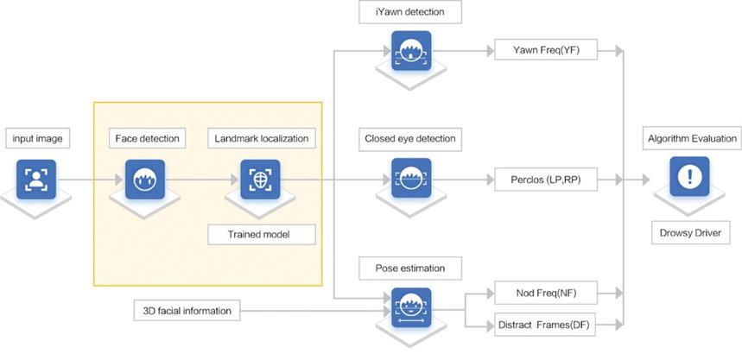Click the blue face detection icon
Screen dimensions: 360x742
[x=145, y=180]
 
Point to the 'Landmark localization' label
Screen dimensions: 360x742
[x=257, y=138]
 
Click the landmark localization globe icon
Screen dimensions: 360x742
[x=258, y=180]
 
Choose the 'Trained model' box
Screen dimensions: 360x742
[x=258, y=234]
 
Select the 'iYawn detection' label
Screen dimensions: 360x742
[x=410, y=12]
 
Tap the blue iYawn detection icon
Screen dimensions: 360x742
[x=410, y=51]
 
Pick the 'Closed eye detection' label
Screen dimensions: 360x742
[x=410, y=138]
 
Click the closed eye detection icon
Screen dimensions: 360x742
[x=410, y=180]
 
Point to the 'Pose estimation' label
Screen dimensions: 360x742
[x=410, y=268]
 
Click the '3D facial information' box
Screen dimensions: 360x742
[x=187, y=308]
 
